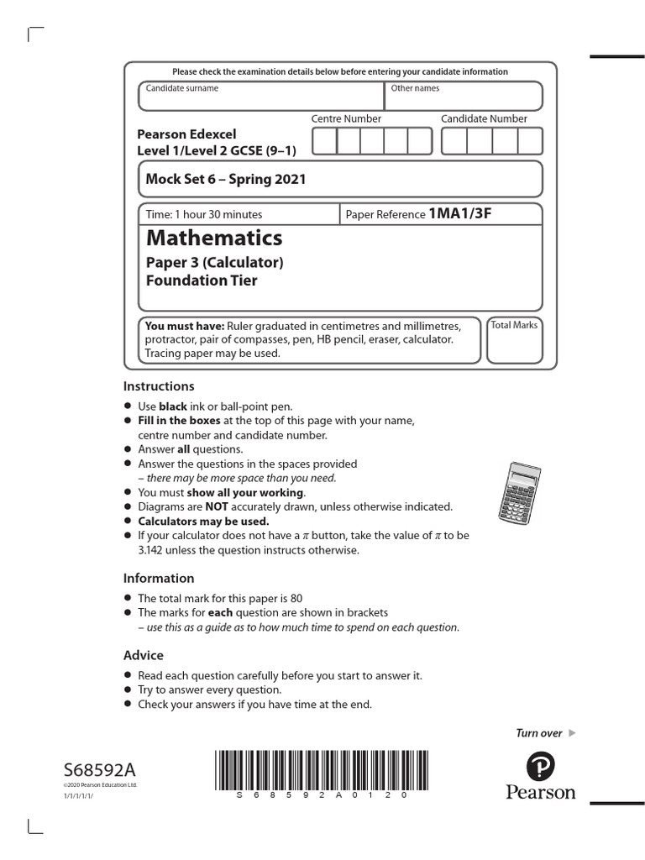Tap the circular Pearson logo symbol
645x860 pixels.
click(x=541, y=765)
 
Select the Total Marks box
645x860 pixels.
click(x=514, y=340)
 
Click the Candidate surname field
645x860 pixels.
click(x=260, y=97)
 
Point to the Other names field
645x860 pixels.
click(x=463, y=97)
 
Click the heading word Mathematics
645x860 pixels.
click(x=214, y=237)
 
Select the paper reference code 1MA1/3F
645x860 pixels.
click(x=459, y=213)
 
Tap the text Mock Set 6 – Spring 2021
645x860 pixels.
click(x=226, y=179)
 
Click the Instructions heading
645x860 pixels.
click(x=159, y=386)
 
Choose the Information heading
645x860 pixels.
click(x=159, y=578)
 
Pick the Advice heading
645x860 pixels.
click(x=144, y=655)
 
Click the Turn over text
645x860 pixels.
click(x=538, y=733)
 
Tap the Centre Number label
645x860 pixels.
click(x=346, y=119)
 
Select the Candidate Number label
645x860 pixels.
click(x=484, y=119)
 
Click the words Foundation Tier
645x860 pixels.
click(x=202, y=281)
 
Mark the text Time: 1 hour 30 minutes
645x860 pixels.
click(x=204, y=214)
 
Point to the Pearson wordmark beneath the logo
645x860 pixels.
click(x=541, y=792)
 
